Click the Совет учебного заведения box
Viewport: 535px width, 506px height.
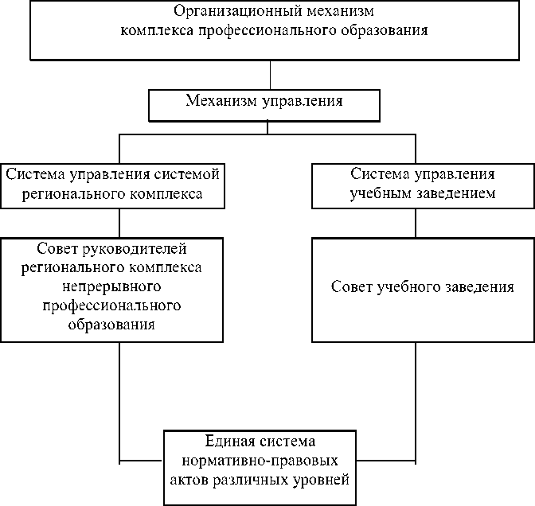422,310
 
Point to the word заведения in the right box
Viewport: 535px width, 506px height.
474,286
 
